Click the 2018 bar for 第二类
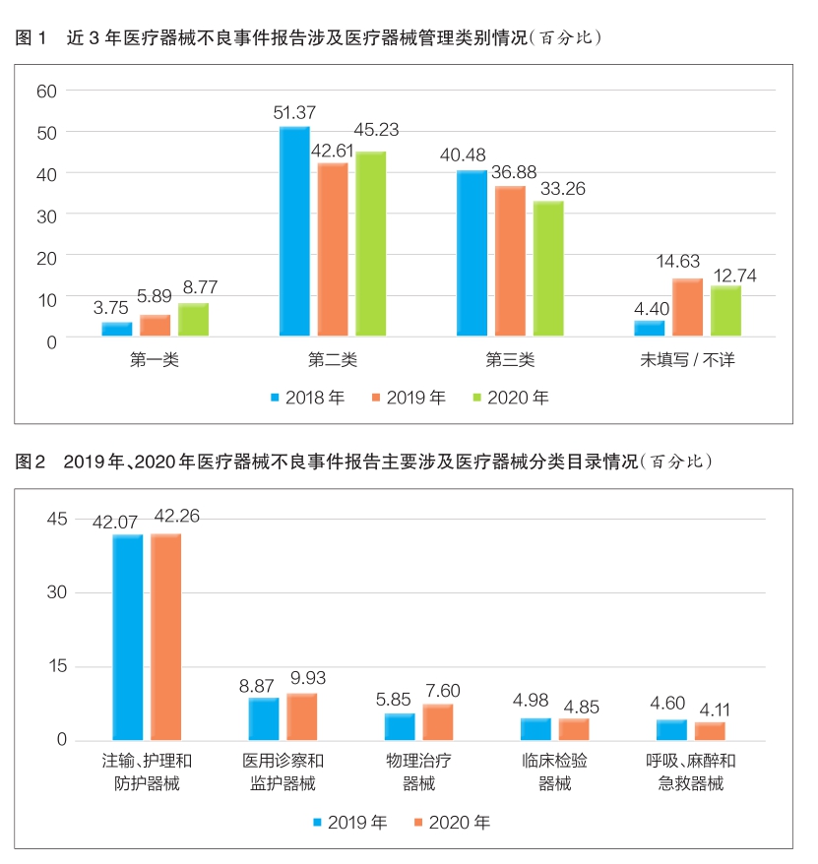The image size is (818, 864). pyautogui.click(x=294, y=232)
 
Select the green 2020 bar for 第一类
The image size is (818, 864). pyautogui.click(x=193, y=321)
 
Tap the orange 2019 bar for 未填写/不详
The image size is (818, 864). pyautogui.click(x=687, y=309)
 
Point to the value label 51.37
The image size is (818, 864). pyautogui.click(x=293, y=113)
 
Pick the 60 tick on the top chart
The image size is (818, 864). pyautogui.click(x=48, y=91)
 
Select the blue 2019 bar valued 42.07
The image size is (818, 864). pyautogui.click(x=128, y=637)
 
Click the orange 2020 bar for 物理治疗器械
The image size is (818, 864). pyautogui.click(x=438, y=722)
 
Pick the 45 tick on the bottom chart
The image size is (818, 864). pyautogui.click(x=54, y=519)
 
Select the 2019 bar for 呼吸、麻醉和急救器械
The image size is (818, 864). pyautogui.click(x=671, y=730)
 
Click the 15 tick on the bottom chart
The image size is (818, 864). pyautogui.click(x=54, y=666)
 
